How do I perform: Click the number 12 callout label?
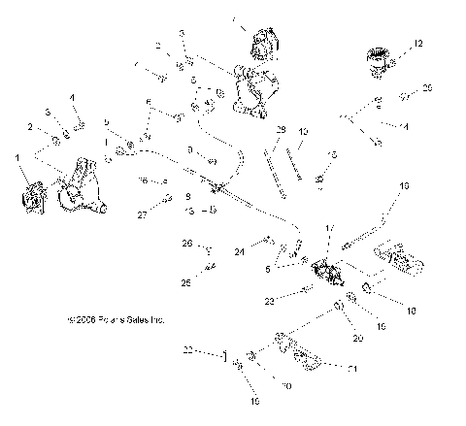[x=418, y=45]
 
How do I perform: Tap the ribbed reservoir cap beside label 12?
[x=378, y=61]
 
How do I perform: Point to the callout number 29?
[x=280, y=130]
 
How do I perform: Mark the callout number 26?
[x=188, y=243]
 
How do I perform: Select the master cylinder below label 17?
[x=323, y=271]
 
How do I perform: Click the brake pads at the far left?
[x=31, y=192]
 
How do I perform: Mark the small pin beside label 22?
[x=224, y=356]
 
